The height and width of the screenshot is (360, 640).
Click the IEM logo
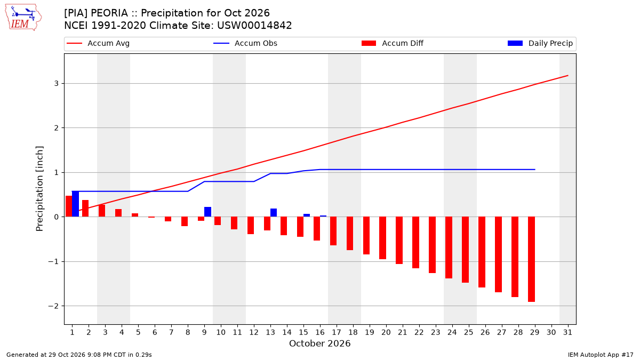click(23, 18)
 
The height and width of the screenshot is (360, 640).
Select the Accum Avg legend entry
click(98, 43)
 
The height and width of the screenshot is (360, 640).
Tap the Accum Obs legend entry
click(245, 43)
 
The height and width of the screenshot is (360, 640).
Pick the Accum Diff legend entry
click(393, 43)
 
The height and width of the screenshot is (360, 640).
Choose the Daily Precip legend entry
click(540, 43)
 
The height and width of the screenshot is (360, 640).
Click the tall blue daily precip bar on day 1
click(75, 204)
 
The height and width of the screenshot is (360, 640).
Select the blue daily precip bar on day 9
click(207, 212)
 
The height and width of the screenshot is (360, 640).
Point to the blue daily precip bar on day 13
click(274, 213)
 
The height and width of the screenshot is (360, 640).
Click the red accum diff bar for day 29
click(531, 259)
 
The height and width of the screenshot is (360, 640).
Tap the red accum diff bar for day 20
click(382, 238)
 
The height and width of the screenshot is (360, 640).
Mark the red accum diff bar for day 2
click(85, 209)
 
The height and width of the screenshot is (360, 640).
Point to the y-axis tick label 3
click(57, 83)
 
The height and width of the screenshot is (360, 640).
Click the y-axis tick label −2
click(53, 306)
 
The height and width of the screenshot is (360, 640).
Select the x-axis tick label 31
click(567, 333)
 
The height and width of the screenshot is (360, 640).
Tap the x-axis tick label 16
click(320, 333)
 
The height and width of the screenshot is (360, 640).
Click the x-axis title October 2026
click(319, 343)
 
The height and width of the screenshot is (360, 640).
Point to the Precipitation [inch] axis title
click(39, 189)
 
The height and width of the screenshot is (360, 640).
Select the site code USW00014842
click(254, 26)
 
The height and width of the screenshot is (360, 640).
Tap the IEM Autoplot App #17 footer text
click(601, 355)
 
